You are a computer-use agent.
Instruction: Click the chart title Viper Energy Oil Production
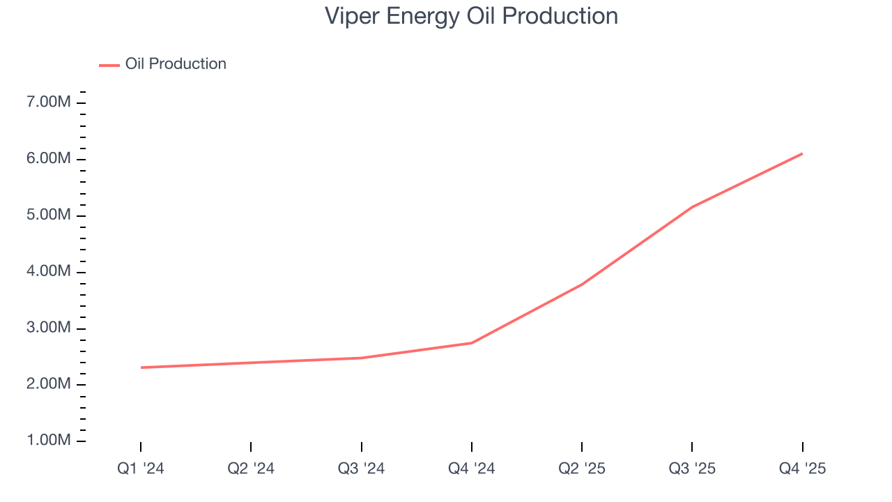pyautogui.click(x=471, y=16)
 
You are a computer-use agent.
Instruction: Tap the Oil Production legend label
pyautogui.click(x=176, y=64)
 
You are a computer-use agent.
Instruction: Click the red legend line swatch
pyautogui.click(x=109, y=65)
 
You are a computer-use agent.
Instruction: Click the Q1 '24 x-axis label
pyautogui.click(x=141, y=469)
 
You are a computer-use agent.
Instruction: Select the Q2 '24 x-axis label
pyautogui.click(x=251, y=469)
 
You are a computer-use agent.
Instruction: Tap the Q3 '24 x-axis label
pyautogui.click(x=361, y=469)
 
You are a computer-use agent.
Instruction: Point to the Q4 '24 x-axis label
pyautogui.click(x=472, y=469)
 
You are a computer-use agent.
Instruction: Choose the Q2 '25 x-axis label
pyautogui.click(x=582, y=469)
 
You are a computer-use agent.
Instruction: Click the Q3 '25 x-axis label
pyautogui.click(x=692, y=469)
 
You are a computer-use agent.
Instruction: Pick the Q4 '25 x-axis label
pyautogui.click(x=802, y=469)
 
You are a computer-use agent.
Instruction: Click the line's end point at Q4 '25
pyautogui.click(x=802, y=153)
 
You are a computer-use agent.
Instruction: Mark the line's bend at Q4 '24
pyautogui.click(x=472, y=343)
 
